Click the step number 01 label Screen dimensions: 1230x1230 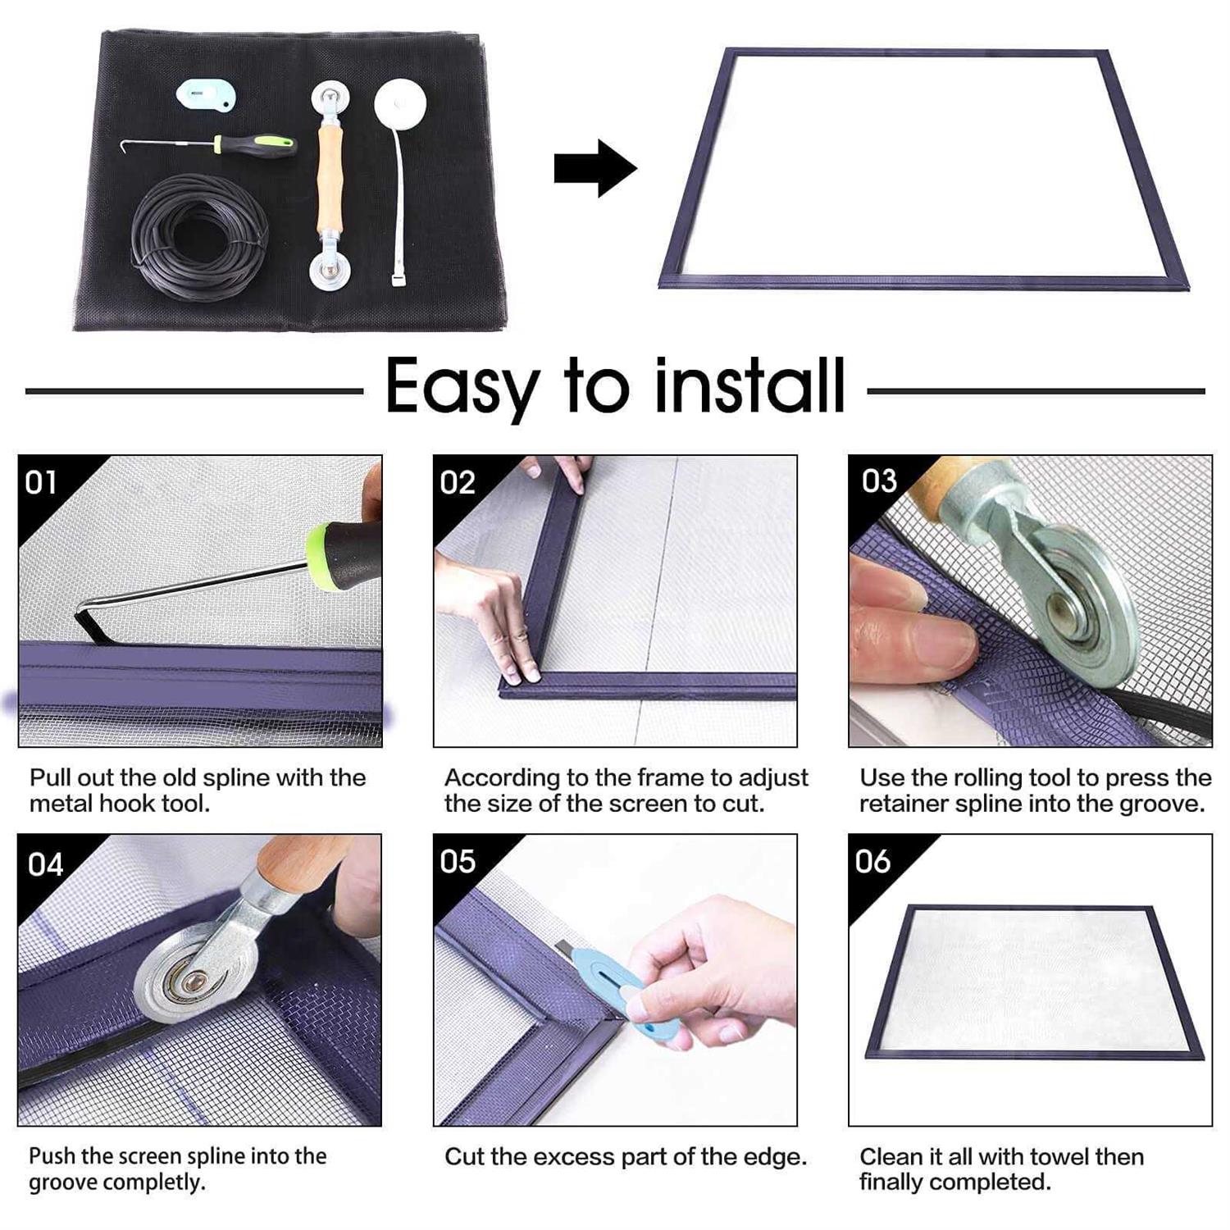[41, 482]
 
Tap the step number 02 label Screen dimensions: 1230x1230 [457, 482]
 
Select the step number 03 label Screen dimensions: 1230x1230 [879, 481]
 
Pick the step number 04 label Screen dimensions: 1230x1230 [45, 864]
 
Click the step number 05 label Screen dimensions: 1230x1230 [458, 862]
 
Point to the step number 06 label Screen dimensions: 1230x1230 [872, 862]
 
